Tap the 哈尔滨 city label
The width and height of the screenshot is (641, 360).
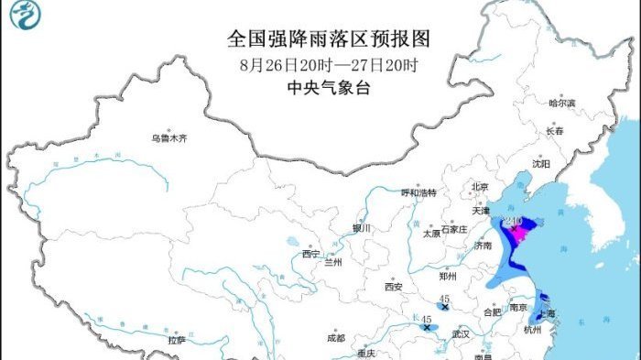point(562,104)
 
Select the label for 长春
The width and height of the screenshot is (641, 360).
point(554,131)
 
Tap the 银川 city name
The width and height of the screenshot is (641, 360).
point(362,228)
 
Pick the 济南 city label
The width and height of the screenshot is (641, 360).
point(483,246)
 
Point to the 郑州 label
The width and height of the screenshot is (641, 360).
point(448,275)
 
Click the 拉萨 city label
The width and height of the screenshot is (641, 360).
point(177,340)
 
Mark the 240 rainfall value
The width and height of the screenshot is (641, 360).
point(513,223)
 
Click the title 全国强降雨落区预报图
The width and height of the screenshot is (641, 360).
point(328,38)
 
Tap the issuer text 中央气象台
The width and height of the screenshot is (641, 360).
point(327,88)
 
